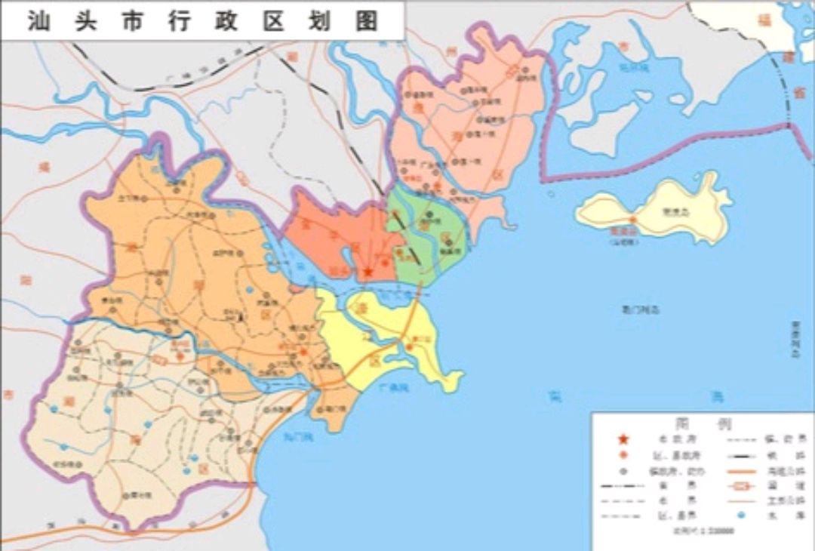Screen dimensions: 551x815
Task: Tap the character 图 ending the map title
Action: pyautogui.click(x=368, y=20)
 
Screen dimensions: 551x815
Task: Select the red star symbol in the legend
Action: pyautogui.click(x=623, y=439)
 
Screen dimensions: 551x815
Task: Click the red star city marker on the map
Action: pyautogui.click(x=368, y=272)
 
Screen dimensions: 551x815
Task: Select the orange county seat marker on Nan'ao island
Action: pyautogui.click(x=633, y=220)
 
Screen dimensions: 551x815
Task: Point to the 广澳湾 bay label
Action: pyautogui.click(x=394, y=388)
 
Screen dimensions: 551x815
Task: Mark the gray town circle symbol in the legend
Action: pyautogui.click(x=623, y=470)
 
